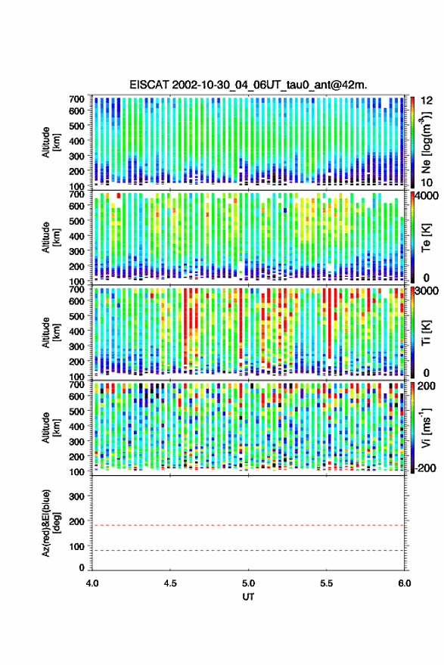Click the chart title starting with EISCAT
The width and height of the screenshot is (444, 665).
(x=248, y=85)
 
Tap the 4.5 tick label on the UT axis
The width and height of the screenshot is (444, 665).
(x=170, y=583)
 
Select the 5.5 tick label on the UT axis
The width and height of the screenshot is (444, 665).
(x=326, y=583)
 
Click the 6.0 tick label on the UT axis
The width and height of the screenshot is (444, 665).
(x=404, y=583)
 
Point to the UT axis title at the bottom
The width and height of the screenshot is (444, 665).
(x=248, y=597)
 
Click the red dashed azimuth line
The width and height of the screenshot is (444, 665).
(x=248, y=525)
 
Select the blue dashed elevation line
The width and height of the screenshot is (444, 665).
(x=248, y=551)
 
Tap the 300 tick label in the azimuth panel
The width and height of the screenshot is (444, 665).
(x=76, y=496)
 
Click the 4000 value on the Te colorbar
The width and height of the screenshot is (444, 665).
(x=427, y=197)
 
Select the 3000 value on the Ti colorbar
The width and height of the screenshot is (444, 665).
(x=427, y=291)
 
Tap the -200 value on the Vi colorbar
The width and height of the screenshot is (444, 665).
(x=426, y=468)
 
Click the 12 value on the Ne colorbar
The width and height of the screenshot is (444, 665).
(x=427, y=101)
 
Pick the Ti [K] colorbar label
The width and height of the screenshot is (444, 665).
(x=427, y=333)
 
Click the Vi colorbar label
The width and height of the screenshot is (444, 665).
(x=427, y=427)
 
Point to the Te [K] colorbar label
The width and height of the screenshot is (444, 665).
(x=427, y=238)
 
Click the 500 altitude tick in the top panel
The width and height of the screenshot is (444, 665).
(x=76, y=126)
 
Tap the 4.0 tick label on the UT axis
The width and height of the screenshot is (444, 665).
(x=92, y=583)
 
